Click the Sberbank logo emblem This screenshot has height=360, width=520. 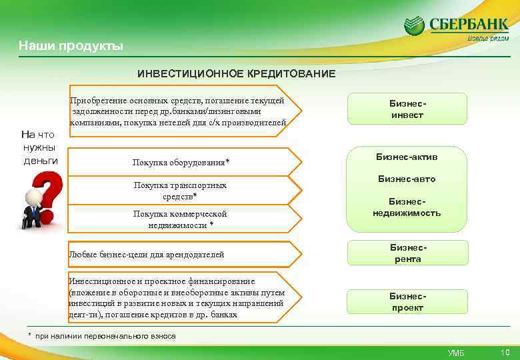click(415, 27)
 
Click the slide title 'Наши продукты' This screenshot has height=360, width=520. click(70, 46)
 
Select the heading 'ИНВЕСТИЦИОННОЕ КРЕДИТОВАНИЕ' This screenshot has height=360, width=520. click(237, 73)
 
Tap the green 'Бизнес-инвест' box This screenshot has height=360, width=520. click(407, 109)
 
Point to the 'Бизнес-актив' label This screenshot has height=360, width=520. click(407, 157)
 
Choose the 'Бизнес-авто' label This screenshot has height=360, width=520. click(407, 179)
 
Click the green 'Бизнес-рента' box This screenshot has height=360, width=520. click(407, 253)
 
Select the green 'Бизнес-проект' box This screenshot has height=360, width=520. click(407, 302)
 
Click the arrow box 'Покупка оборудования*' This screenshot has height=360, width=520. click(181, 163)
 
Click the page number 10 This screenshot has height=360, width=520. click(505, 352)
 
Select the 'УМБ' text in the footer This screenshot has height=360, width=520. click(456, 353)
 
